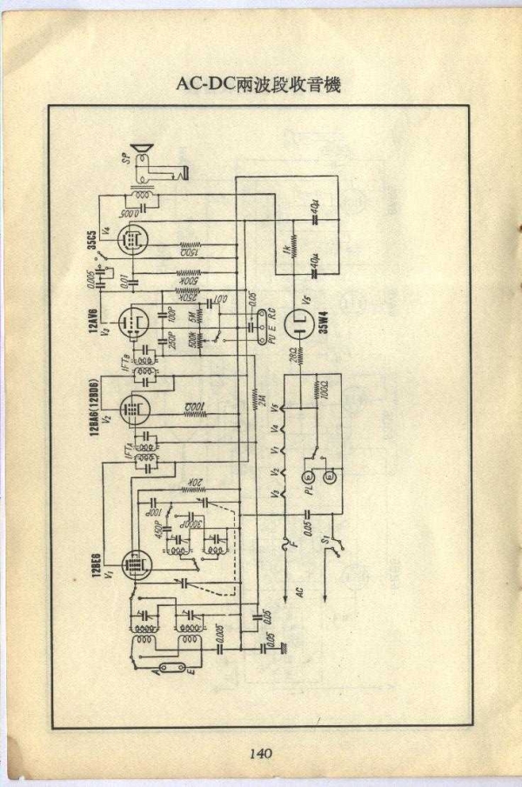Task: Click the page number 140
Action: pyautogui.click(x=261, y=753)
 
